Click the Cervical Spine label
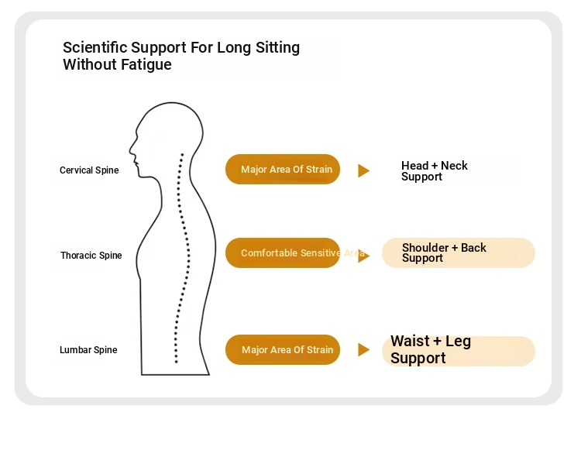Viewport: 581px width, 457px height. point(89,170)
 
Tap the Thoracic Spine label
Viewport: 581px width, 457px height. point(91,256)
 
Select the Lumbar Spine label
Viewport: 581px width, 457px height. point(88,350)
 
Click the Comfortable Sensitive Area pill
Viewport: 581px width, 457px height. point(283,253)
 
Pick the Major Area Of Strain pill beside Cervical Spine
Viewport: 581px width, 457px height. point(283,169)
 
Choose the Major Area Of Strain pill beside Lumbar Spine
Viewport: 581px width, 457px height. point(283,349)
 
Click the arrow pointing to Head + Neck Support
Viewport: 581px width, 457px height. point(363,171)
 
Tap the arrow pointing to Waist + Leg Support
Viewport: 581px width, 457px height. point(363,349)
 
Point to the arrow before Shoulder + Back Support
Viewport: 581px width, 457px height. point(363,256)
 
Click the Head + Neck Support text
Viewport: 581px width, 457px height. point(435,171)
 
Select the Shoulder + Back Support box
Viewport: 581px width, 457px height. point(459,253)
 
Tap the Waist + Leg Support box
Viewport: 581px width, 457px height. point(459,351)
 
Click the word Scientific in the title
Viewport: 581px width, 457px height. point(95,47)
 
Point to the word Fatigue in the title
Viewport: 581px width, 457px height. point(146,65)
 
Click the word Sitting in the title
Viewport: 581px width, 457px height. point(277,48)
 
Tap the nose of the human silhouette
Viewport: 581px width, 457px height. point(130,150)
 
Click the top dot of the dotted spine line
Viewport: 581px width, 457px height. point(182,154)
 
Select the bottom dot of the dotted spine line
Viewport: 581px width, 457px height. point(177,362)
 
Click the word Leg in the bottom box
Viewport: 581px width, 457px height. point(458,341)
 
